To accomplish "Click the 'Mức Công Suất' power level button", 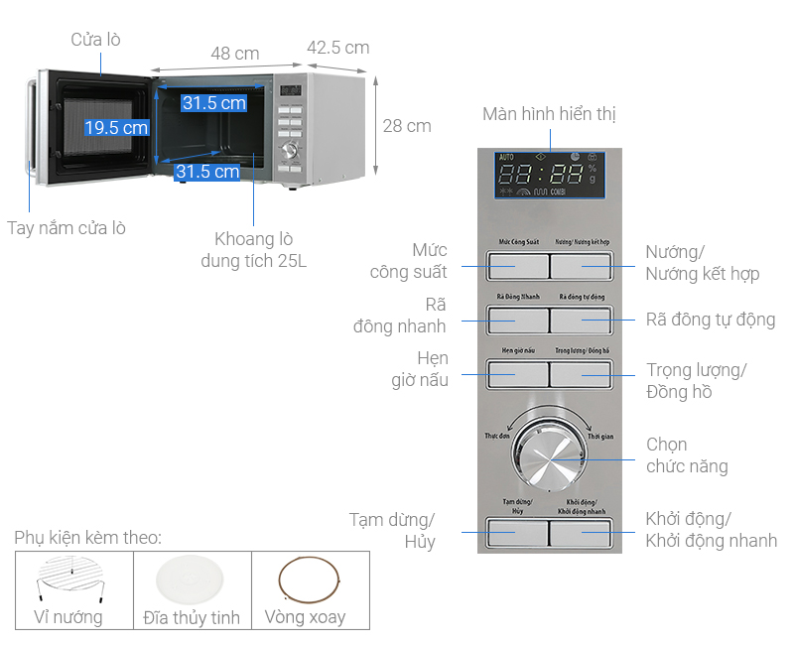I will pyautogui.click(x=517, y=266).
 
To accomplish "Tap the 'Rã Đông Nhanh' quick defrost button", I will pyautogui.click(x=517, y=321).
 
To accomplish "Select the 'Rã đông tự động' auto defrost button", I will pyautogui.click(x=581, y=321).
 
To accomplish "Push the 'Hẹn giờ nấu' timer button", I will pyautogui.click(x=517, y=374).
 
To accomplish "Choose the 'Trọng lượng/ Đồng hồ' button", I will pyautogui.click(x=581, y=374).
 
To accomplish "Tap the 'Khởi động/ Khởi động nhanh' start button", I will pyautogui.click(x=581, y=532).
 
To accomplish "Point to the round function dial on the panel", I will pyautogui.click(x=549, y=459).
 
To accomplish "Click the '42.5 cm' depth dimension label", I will pyautogui.click(x=337, y=48).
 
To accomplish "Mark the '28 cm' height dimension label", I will pyautogui.click(x=407, y=126).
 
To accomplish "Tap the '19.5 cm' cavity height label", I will pyautogui.click(x=116, y=127).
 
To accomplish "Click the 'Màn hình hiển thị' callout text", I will pyautogui.click(x=549, y=114).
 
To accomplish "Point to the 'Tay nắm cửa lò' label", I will pyautogui.click(x=66, y=227).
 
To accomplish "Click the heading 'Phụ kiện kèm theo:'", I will pyautogui.click(x=87, y=538).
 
